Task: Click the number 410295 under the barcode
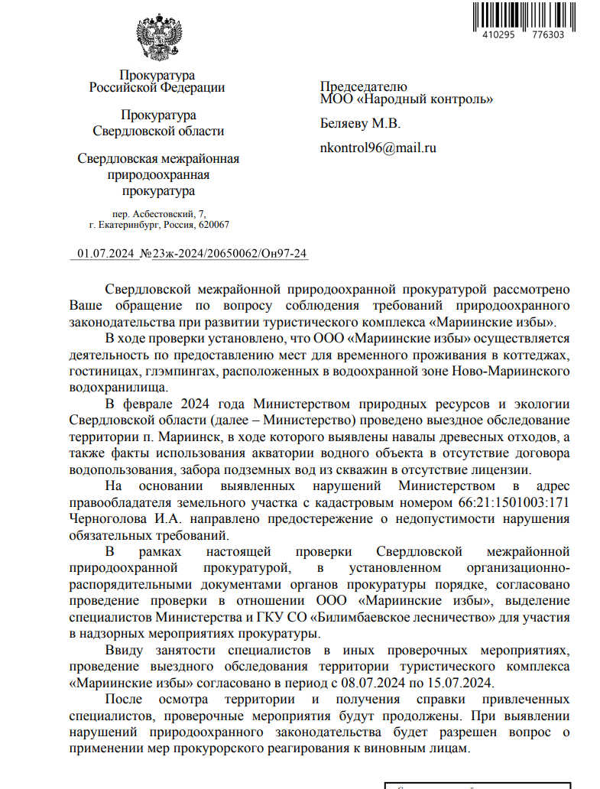499,34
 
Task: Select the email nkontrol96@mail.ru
378,148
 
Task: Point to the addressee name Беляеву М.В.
359,124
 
